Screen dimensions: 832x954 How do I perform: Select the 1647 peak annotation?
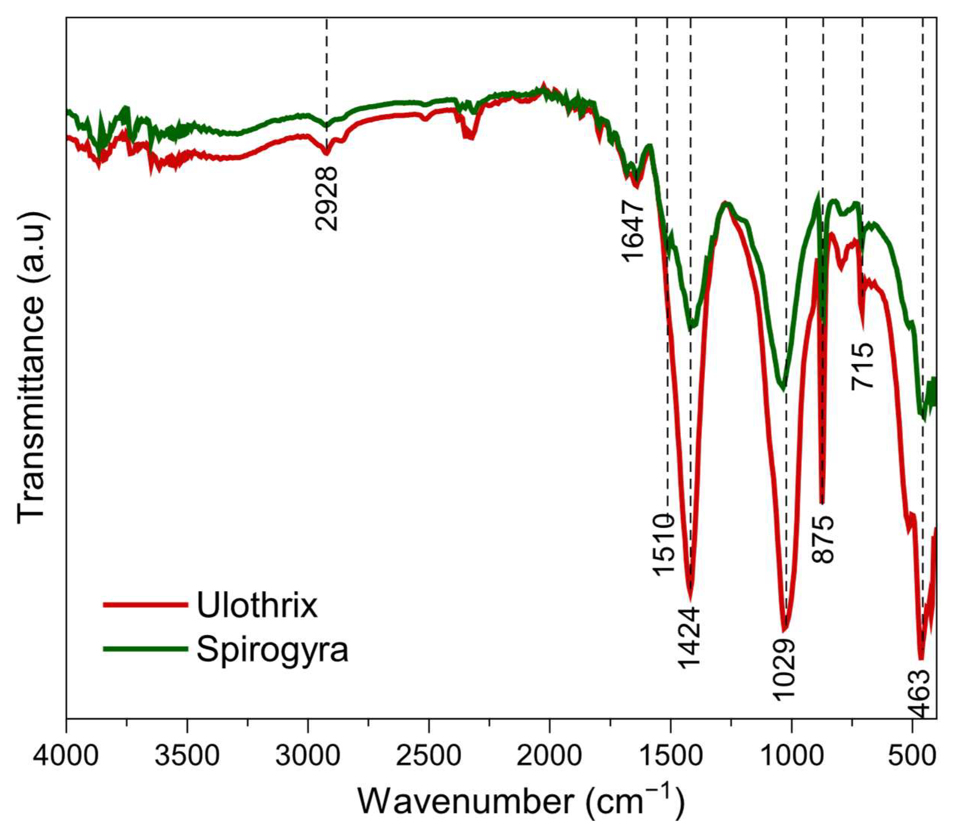coord(633,230)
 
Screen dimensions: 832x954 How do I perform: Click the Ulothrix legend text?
coord(257,605)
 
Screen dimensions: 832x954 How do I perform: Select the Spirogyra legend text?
coord(272,650)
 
